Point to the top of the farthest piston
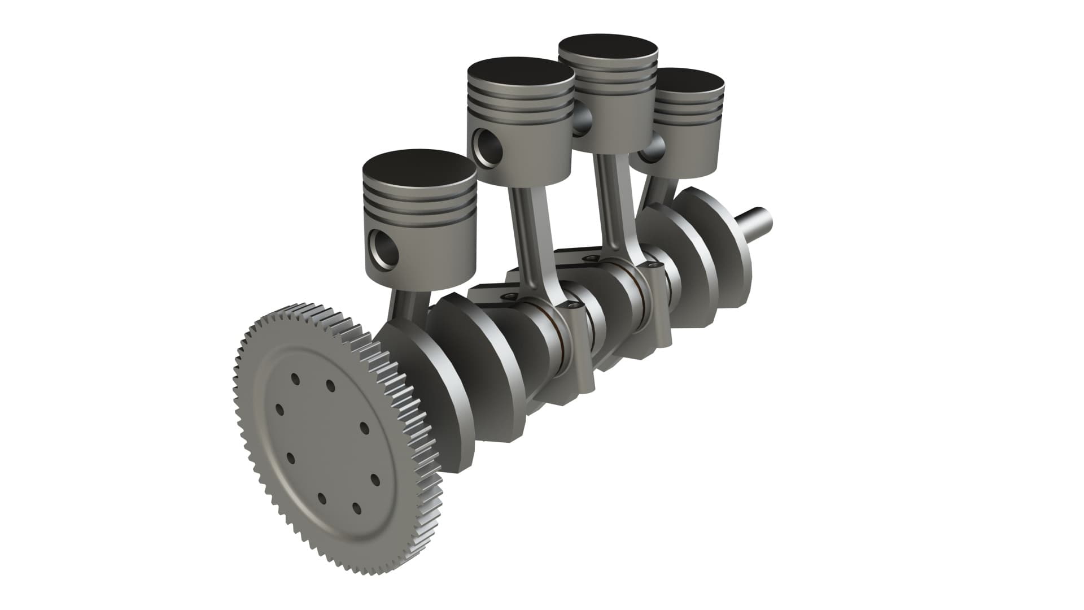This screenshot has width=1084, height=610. pos(692,81)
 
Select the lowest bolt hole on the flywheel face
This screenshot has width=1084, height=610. pos(357,508)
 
